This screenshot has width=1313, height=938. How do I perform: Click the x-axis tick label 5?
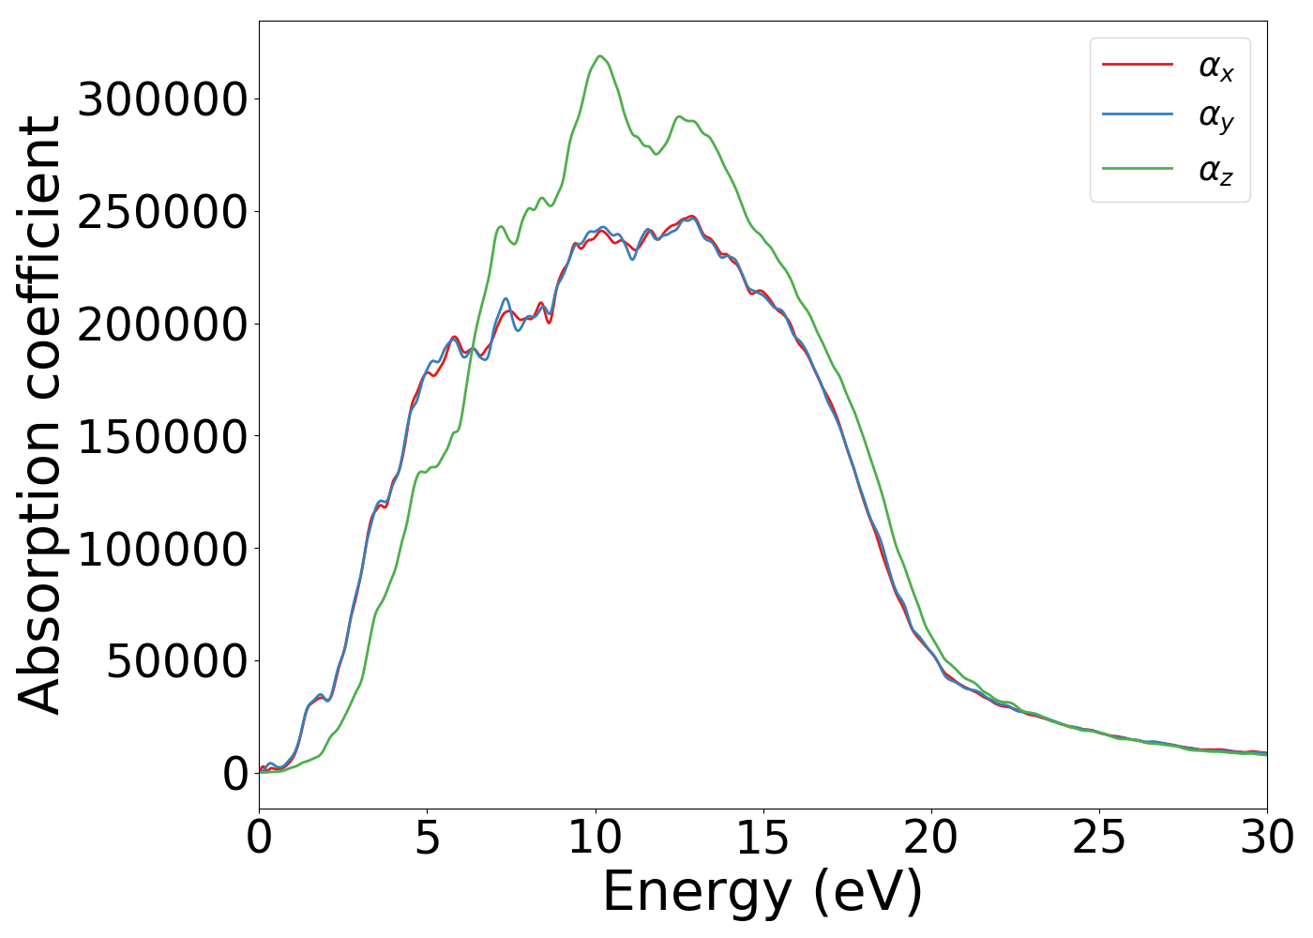427,839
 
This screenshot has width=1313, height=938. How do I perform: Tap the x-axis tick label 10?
596,839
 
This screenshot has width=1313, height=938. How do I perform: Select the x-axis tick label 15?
763,839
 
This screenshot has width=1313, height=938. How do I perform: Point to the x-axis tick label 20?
931,839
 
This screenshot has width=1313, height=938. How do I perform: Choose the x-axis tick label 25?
1099,839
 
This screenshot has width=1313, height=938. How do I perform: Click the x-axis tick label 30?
1267,839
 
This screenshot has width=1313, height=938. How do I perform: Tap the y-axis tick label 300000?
163,99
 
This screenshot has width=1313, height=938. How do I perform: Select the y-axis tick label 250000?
163,212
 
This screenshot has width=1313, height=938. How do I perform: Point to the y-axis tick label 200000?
163,325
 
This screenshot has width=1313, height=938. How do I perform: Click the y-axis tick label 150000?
163,437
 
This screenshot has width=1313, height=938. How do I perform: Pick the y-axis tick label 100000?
163,549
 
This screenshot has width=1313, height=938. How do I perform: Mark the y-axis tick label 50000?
176,661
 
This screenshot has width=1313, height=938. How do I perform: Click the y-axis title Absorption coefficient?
39,415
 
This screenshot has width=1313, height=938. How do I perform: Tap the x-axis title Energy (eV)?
762,892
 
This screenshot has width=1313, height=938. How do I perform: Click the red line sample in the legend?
1138,64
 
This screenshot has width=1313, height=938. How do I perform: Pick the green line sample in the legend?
1138,168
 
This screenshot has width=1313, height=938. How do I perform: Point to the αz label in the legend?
1215,171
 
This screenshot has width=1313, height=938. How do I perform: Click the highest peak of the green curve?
600,56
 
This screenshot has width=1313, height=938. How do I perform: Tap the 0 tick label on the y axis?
235,774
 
